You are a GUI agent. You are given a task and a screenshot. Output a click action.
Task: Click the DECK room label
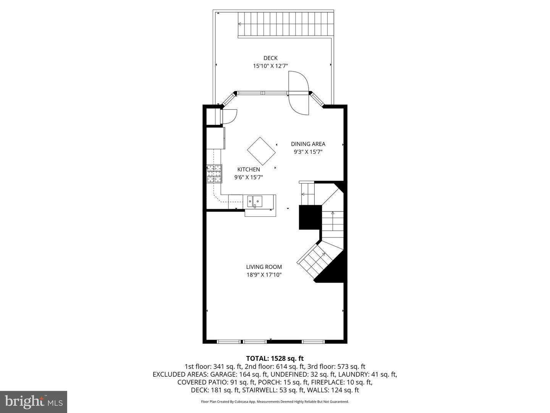270,58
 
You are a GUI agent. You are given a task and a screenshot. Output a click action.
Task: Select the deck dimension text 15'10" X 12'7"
270,66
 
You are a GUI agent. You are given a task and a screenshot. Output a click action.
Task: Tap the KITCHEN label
249,169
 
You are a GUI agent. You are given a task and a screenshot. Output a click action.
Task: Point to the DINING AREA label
308,144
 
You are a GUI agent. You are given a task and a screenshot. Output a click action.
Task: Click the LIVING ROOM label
264,267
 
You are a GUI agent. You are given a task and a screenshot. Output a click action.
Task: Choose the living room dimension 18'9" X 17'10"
264,275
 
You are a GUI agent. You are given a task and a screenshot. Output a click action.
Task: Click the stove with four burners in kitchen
214,174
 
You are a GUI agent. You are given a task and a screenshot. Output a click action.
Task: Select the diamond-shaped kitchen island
261,151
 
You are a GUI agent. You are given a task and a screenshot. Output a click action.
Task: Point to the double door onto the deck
298,93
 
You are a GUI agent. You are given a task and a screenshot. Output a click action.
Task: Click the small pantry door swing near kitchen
229,116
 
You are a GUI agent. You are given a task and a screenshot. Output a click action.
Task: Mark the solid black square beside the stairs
310,217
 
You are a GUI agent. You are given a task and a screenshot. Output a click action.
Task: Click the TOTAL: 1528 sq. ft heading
275,358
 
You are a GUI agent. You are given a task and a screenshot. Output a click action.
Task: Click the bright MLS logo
34,402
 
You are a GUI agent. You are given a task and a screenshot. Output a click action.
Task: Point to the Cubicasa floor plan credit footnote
275,402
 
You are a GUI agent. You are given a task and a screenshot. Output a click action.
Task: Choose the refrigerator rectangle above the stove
215,138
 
